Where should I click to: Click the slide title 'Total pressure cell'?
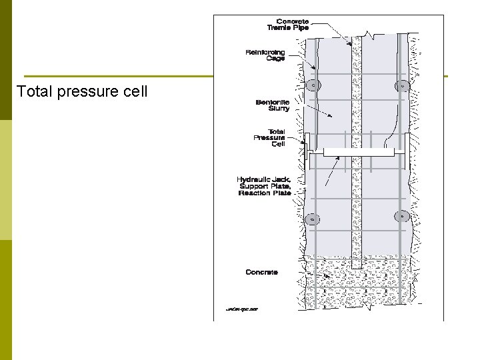point(82,91)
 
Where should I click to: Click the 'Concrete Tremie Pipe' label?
point(288,25)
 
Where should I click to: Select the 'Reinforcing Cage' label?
point(265,55)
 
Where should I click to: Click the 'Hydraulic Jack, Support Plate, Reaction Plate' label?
point(264,186)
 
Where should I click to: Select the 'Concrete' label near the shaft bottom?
point(261,272)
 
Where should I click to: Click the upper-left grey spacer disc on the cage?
point(312,85)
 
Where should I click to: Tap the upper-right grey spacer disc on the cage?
point(401,85)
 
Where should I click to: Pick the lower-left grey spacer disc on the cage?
point(311,218)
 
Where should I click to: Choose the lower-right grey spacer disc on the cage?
point(401,216)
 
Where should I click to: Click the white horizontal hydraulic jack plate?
point(358,152)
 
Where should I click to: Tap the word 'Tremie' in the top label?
point(280,29)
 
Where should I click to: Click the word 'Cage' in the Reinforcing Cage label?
point(275,59)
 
